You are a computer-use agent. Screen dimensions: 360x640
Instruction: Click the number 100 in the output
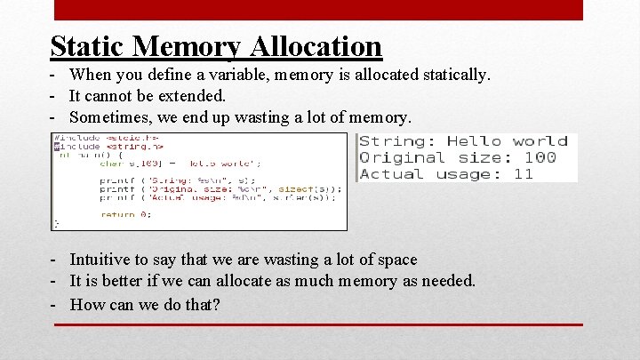[540, 157]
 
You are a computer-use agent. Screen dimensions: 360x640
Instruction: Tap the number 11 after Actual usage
[523, 174]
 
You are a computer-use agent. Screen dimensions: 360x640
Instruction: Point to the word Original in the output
[394, 157]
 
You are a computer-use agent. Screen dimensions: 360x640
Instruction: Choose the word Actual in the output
[386, 174]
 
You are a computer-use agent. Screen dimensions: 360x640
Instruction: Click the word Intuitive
[100, 260]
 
